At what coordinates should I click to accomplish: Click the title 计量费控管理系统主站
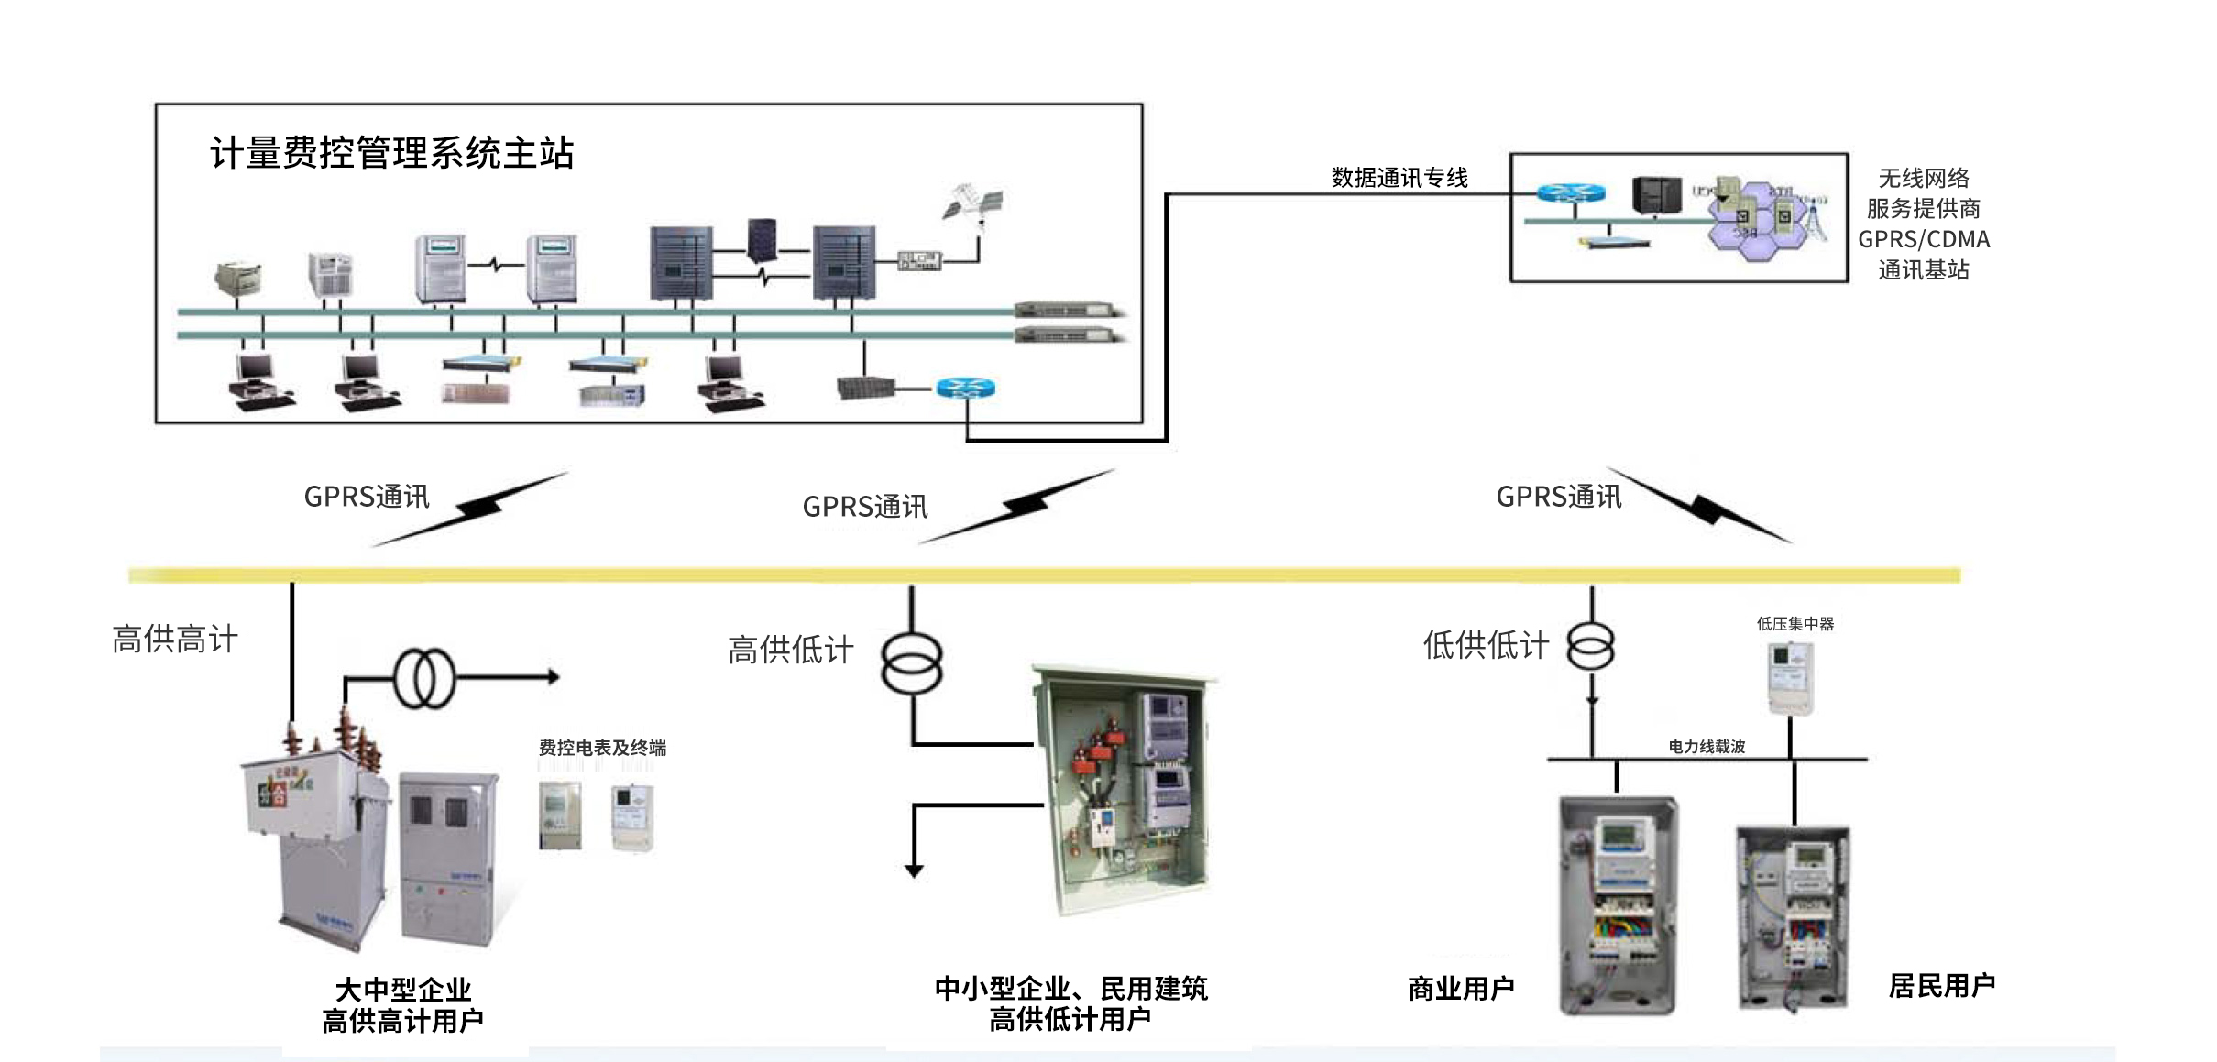tap(392, 153)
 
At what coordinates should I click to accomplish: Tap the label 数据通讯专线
tap(1399, 178)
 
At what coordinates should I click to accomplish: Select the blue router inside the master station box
tap(965, 388)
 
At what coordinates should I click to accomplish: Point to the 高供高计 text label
tap(175, 639)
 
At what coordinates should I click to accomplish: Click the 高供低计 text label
tap(790, 650)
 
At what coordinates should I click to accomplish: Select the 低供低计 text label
tap(1486, 645)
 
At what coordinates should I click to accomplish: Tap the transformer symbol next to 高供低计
tap(911, 662)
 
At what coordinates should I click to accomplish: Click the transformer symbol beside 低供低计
tap(1591, 646)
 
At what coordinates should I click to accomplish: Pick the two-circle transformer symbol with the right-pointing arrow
tap(424, 678)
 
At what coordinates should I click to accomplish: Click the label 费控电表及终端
tap(602, 748)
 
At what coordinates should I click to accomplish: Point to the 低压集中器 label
tap(1794, 624)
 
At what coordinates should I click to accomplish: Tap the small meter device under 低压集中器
tap(1790, 678)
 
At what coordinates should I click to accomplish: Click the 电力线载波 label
tap(1707, 747)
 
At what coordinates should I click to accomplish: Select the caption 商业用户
tap(1461, 989)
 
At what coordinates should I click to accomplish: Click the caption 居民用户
tap(1941, 986)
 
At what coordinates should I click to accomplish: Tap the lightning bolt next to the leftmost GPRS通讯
tap(477, 507)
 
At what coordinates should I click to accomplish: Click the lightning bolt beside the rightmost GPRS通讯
tap(1703, 507)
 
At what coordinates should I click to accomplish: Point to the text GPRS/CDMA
tap(1924, 240)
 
